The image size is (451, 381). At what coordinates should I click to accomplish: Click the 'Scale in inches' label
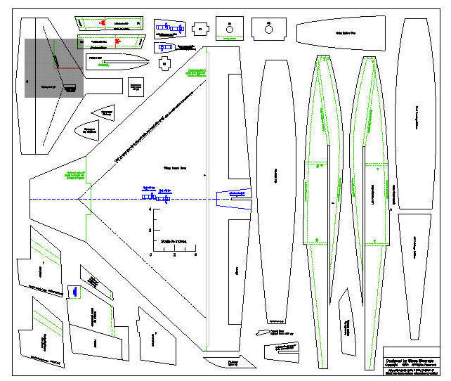[x=172, y=240]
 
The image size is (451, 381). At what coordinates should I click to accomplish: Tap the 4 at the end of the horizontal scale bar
[x=195, y=254]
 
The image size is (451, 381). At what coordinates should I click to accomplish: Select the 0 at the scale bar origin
[x=150, y=254]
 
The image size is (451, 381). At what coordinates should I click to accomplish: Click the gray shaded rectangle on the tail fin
[x=54, y=67]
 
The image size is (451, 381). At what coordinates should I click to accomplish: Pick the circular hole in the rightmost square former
[x=269, y=28]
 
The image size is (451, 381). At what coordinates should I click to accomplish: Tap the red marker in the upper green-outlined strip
[x=103, y=23]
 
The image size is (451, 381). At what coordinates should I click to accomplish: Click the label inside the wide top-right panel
[x=342, y=33]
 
